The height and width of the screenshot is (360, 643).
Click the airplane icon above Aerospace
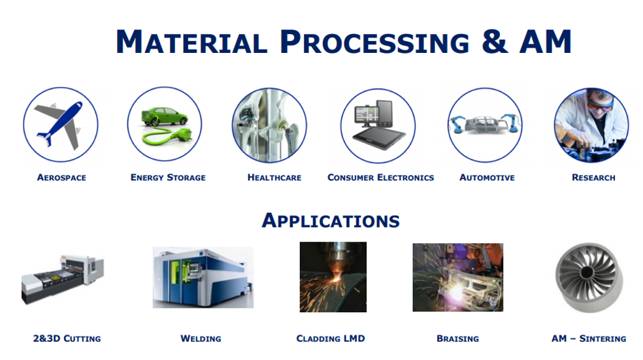(60, 124)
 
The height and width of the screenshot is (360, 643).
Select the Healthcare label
(274, 178)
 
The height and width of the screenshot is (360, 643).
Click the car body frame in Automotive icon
(485, 123)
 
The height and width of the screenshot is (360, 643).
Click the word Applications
(331, 220)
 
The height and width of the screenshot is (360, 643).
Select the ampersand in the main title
(495, 41)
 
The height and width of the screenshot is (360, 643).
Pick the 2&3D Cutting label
(67, 338)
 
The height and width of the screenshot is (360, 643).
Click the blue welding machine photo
(203, 277)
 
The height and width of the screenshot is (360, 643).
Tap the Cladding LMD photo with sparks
(333, 277)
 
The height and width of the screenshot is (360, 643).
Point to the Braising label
(457, 338)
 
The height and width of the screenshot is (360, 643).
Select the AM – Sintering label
(589, 338)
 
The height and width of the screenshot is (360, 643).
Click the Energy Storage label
(168, 178)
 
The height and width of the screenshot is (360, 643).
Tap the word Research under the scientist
(593, 178)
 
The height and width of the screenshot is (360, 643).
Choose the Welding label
(201, 338)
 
